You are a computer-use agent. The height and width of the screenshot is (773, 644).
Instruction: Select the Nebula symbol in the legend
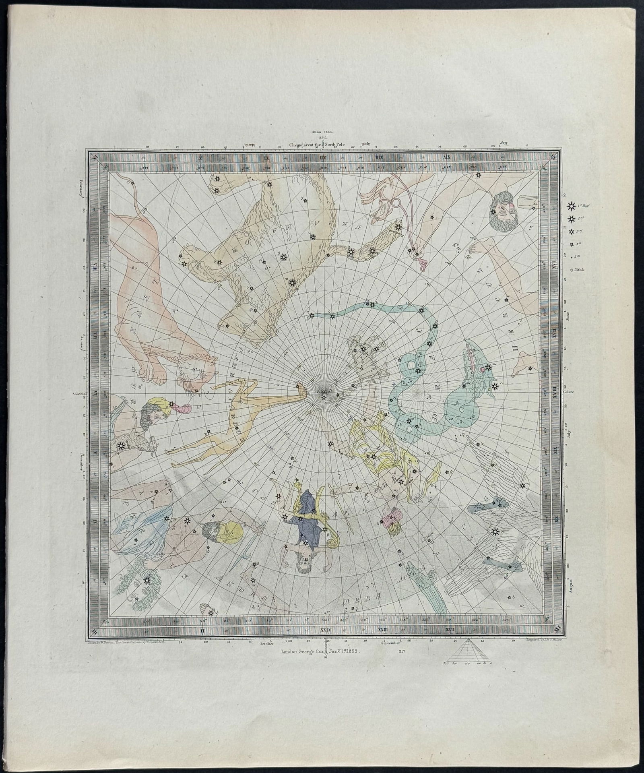coord(572,271)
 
